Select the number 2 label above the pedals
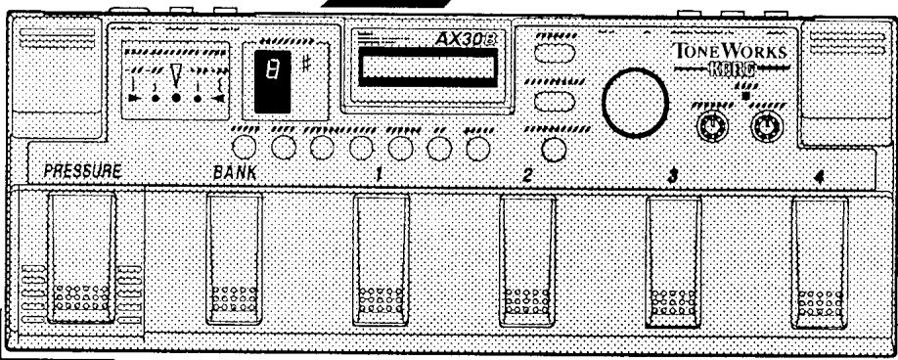point(528,174)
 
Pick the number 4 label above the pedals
point(819,177)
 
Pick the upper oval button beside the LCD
point(555,63)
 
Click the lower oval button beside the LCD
point(555,101)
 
